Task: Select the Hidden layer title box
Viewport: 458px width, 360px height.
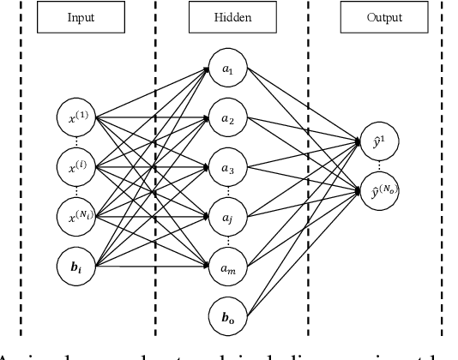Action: pos(227,17)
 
